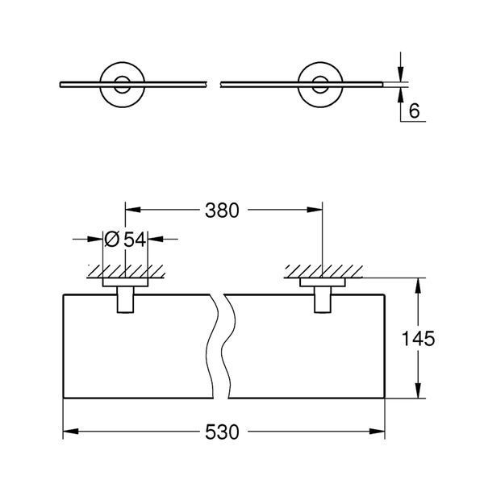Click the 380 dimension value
(x=222, y=211)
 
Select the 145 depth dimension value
(x=418, y=338)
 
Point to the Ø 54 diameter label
(x=125, y=240)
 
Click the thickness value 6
(x=414, y=111)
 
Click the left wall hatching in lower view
(x=126, y=271)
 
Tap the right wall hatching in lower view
(x=323, y=271)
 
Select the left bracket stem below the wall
(x=125, y=300)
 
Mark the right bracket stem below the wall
(x=323, y=300)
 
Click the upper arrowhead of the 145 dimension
(x=418, y=286)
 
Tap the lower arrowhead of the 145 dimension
(x=418, y=390)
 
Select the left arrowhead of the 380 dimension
(x=133, y=210)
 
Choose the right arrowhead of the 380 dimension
(x=315, y=210)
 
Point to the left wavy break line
(x=213, y=346)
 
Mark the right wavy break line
(x=230, y=346)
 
